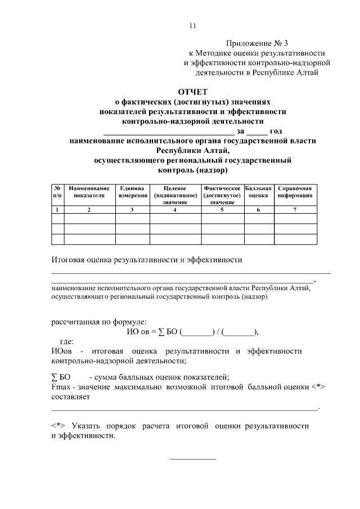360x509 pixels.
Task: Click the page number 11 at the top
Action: click(x=193, y=25)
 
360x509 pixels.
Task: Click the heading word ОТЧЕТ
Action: click(x=192, y=92)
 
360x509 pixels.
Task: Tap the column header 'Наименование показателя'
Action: click(x=89, y=191)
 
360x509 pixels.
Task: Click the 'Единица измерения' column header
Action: click(x=133, y=191)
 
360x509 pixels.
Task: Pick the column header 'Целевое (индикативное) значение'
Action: click(x=175, y=194)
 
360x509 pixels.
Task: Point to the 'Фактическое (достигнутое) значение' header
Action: click(x=222, y=194)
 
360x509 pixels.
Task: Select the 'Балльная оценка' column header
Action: click(x=258, y=191)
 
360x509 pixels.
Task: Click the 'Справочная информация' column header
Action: click(x=295, y=191)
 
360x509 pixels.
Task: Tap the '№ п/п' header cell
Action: click(x=57, y=191)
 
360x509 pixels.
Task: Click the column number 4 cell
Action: click(x=175, y=209)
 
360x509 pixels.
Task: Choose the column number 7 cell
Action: click(x=295, y=209)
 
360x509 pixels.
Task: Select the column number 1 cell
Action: click(x=57, y=209)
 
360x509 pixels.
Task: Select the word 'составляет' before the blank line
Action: click(x=70, y=397)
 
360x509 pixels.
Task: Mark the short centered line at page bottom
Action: click(x=192, y=459)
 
